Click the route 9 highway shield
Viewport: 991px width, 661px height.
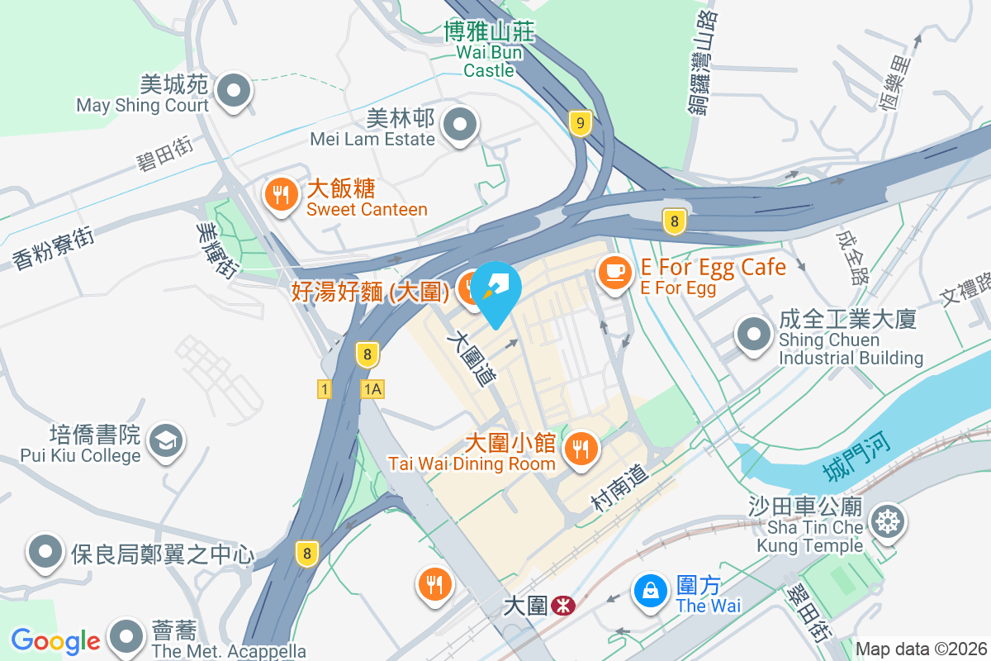(581, 124)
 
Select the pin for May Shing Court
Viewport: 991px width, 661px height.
(234, 88)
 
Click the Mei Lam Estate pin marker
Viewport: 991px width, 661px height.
(460, 126)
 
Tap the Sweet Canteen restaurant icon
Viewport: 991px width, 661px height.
(282, 195)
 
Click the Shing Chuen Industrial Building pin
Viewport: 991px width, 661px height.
(753, 335)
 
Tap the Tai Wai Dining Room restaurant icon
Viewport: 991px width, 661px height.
(581, 449)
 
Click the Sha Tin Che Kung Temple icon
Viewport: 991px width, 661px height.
(889, 522)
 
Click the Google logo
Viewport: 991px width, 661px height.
(55, 641)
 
